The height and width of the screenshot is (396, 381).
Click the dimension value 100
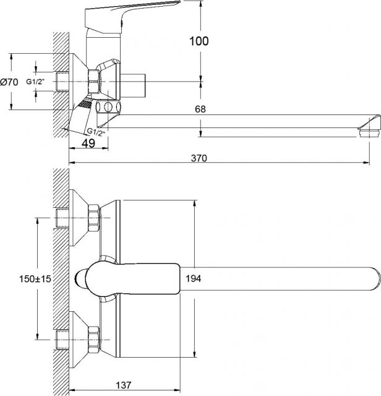point(199,41)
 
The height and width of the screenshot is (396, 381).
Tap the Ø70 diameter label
point(9,82)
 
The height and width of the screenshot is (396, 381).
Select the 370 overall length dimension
point(199,158)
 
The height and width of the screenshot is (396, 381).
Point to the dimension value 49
point(88,143)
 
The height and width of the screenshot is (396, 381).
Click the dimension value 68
point(200,109)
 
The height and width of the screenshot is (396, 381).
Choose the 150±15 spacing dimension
point(35,279)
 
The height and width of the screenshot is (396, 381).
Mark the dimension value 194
point(194,278)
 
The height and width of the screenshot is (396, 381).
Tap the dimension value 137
point(124,385)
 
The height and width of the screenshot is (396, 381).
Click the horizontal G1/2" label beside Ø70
point(35,82)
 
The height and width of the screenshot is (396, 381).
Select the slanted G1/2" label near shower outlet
point(96,132)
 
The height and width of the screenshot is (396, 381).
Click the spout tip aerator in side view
point(369,134)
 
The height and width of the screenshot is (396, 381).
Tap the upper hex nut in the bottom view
point(94,218)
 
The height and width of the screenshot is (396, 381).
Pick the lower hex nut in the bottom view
point(94,340)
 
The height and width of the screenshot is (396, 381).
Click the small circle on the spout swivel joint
point(108,107)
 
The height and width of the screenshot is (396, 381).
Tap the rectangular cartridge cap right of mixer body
point(133,85)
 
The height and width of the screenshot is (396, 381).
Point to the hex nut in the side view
point(93,81)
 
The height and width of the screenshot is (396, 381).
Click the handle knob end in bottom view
point(81,279)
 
